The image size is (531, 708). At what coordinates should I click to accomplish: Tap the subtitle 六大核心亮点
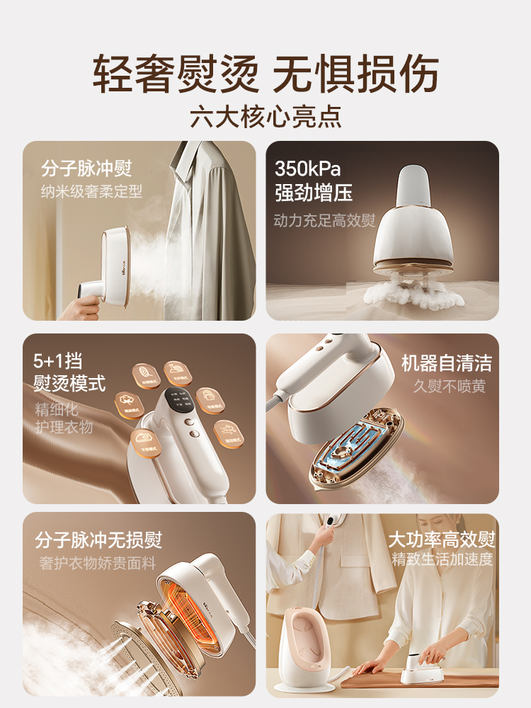265,116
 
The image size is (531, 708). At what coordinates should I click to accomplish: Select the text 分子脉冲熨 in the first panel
86,169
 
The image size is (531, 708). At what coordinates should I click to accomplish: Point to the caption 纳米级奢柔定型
91,191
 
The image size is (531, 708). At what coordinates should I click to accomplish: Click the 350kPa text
307,169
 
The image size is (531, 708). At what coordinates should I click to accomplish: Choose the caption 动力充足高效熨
324,220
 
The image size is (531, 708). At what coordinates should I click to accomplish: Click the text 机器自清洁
446,363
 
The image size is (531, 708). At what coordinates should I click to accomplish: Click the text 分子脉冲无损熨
98,540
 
